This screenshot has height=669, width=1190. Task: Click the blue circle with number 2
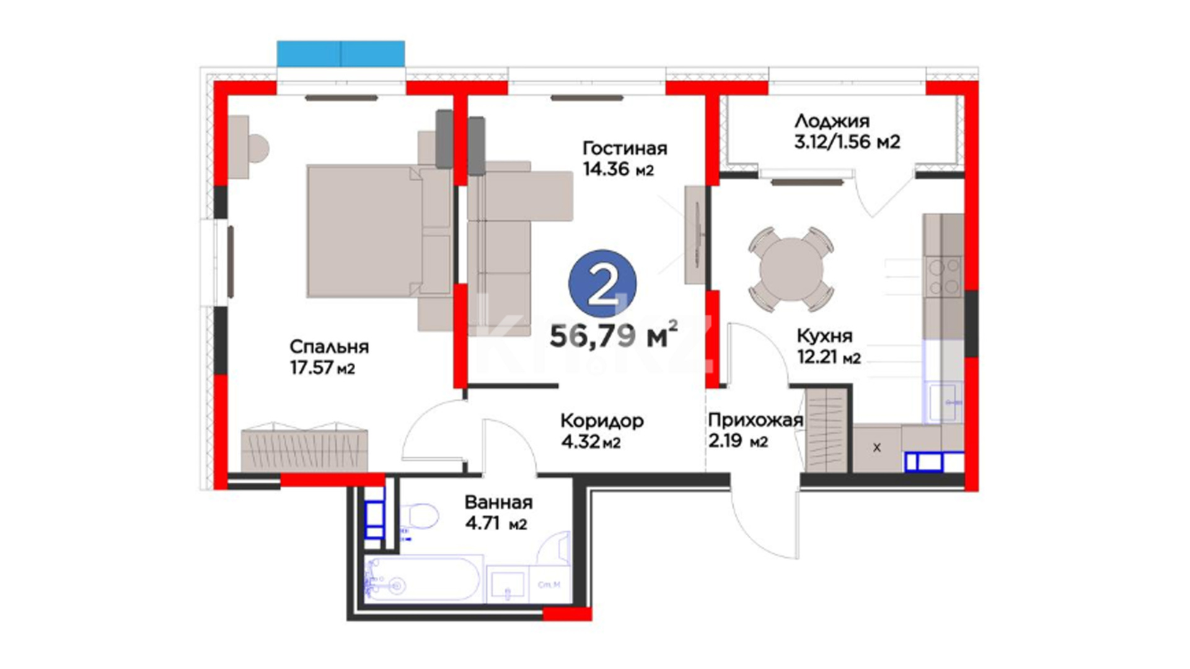pyautogui.click(x=602, y=284)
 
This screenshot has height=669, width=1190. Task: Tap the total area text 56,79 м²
pyautogui.click(x=614, y=336)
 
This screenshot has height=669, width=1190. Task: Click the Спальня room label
pyautogui.click(x=329, y=346)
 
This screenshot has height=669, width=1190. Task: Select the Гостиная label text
pyautogui.click(x=625, y=149)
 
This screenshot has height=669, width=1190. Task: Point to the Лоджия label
pyautogui.click(x=832, y=121)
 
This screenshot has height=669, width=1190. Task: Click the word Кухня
pyautogui.click(x=824, y=336)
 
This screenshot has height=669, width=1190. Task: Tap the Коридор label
pyautogui.click(x=602, y=422)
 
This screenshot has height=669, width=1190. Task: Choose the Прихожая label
pyautogui.click(x=756, y=421)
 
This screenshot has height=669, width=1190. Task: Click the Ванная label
pyautogui.click(x=498, y=502)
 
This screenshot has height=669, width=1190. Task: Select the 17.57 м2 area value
pyautogui.click(x=322, y=369)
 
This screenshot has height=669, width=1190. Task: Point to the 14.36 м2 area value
pyautogui.click(x=618, y=168)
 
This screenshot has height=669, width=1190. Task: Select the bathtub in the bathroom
pyautogui.click(x=423, y=579)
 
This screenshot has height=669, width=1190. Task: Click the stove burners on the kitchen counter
pyautogui.click(x=943, y=277)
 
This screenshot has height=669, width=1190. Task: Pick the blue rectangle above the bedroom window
pyautogui.click(x=341, y=54)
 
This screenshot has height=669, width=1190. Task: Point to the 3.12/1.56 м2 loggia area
pyautogui.click(x=847, y=142)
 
